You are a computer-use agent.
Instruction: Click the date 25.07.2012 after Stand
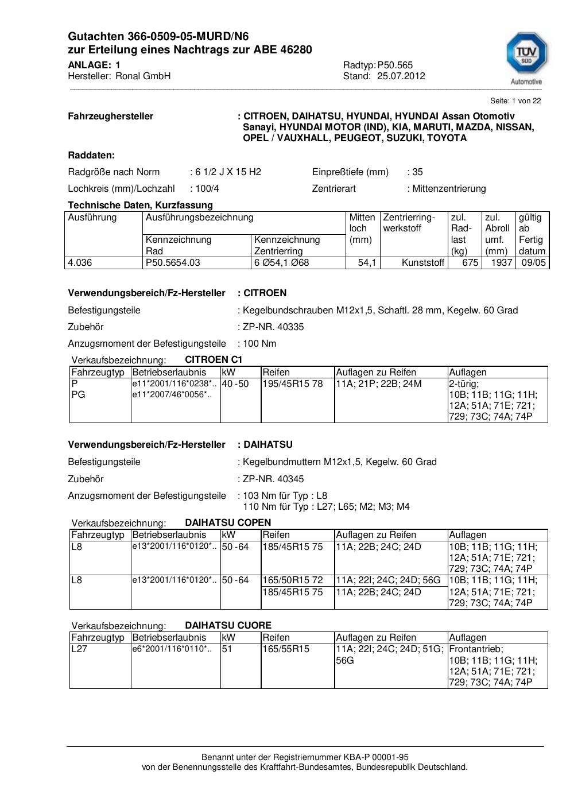401,76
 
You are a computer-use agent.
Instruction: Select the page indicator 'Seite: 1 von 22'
515,101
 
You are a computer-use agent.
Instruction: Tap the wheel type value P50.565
395,65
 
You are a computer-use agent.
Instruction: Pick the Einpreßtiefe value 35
417,172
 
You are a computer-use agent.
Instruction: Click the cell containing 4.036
80,263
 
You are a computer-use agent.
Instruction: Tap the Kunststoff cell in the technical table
423,263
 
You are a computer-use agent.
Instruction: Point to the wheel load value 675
470,263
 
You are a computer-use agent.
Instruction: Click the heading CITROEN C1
214,359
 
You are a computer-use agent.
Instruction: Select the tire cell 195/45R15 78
293,383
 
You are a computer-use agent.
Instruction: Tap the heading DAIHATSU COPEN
228,522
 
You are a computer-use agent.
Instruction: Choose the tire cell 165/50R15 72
293,580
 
